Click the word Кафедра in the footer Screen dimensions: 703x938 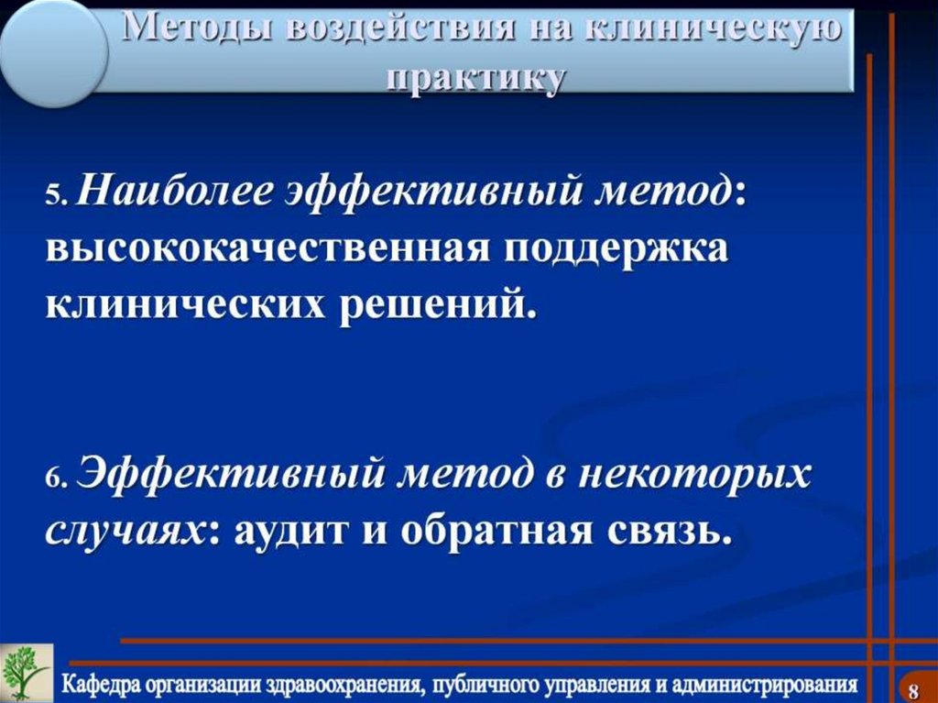99,684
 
